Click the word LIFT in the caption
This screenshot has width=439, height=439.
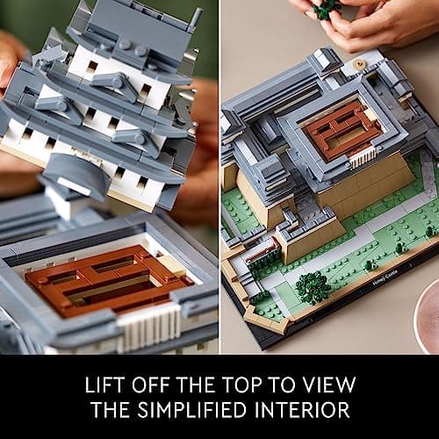click(104, 385)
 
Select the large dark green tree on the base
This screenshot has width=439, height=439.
click(313, 287)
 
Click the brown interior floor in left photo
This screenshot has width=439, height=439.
click(110, 280)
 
